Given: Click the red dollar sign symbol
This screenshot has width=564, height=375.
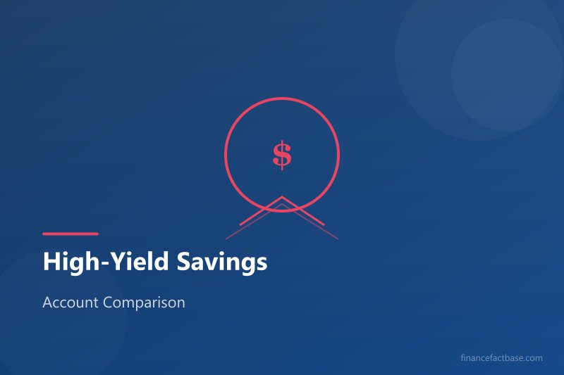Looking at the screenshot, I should [282, 154].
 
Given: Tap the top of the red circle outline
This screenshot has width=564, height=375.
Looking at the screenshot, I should [282, 98].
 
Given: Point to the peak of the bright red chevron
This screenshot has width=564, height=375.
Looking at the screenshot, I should [282, 197].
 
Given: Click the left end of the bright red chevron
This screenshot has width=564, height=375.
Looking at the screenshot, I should [241, 224].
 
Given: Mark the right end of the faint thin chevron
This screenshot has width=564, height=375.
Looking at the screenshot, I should [338, 239].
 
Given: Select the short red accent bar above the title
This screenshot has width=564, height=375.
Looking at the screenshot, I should [70, 234].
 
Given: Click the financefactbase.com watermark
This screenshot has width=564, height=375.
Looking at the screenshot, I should [500, 357].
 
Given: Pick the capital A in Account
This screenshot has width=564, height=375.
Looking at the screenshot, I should [47, 303].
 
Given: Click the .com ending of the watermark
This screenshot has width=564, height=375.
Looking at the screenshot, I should [534, 357].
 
